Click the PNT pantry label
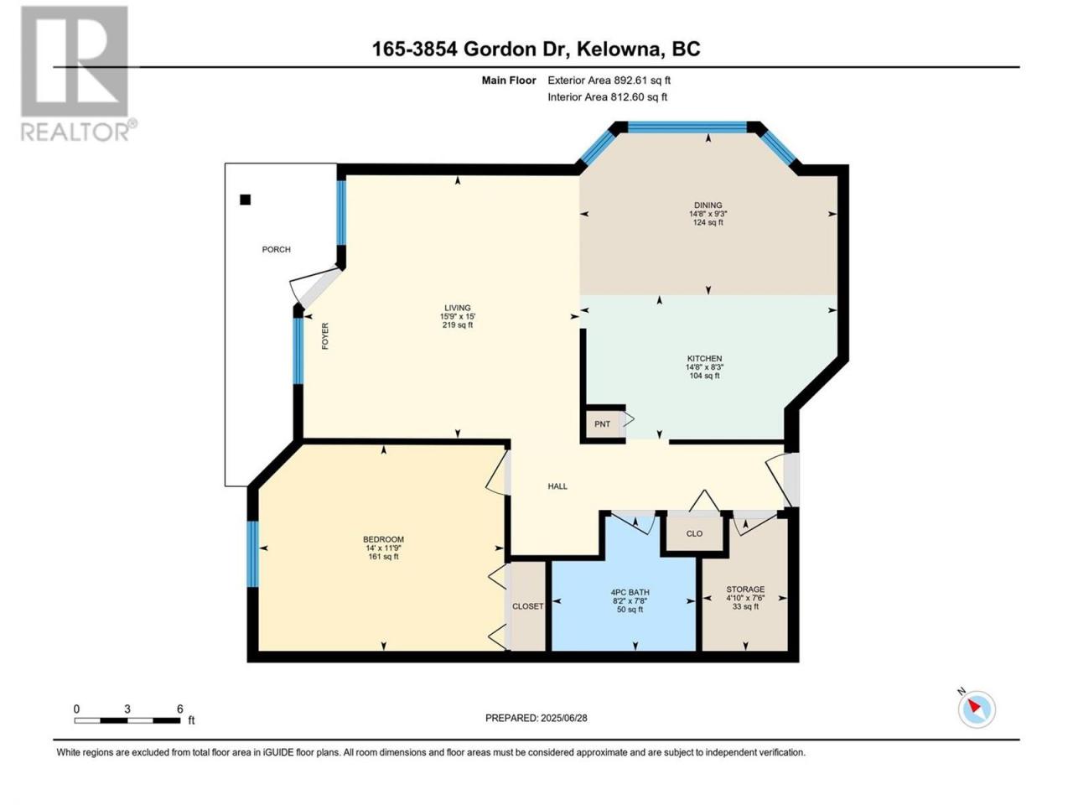(602, 423)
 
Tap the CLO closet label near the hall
(694, 533)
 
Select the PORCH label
(276, 249)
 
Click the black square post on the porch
(245, 200)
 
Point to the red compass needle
(974, 705)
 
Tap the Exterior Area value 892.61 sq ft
(642, 80)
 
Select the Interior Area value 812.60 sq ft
(639, 96)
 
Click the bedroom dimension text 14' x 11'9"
(383, 548)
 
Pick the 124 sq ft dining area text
(708, 222)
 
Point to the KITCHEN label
(704, 358)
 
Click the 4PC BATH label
(630, 592)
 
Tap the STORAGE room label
(745, 589)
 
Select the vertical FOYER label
(325, 335)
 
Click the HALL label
(557, 486)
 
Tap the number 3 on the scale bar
(127, 709)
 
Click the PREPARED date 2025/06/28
(563, 718)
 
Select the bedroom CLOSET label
(527, 606)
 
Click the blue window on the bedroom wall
(252, 553)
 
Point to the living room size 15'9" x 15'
(458, 316)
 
